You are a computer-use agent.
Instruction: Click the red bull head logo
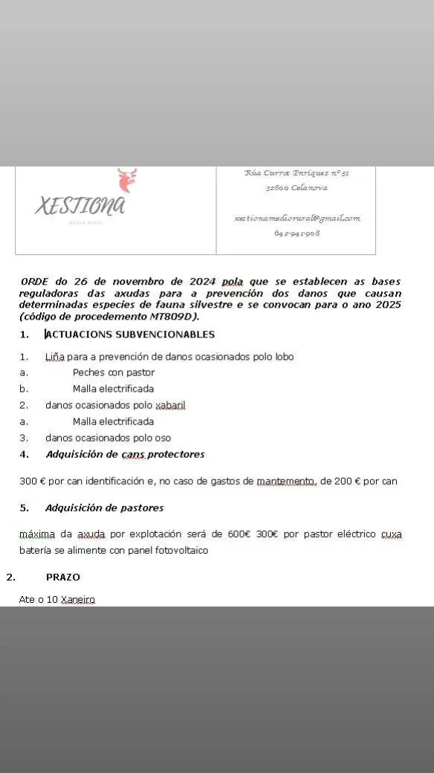(127, 180)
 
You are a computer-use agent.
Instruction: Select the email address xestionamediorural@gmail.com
(297, 219)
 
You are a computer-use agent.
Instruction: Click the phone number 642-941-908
(297, 233)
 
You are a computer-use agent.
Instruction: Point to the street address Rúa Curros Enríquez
(297, 173)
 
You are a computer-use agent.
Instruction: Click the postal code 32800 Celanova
(297, 188)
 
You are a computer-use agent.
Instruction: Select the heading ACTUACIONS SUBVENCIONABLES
(130, 334)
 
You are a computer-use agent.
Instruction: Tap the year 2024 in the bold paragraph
(202, 282)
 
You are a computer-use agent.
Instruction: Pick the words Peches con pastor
(114, 372)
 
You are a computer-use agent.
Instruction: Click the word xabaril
(170, 405)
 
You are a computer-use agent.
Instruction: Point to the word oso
(163, 438)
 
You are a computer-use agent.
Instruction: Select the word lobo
(284, 357)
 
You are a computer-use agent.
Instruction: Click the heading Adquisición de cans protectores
(125, 454)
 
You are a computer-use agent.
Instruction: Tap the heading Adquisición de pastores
(104, 508)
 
